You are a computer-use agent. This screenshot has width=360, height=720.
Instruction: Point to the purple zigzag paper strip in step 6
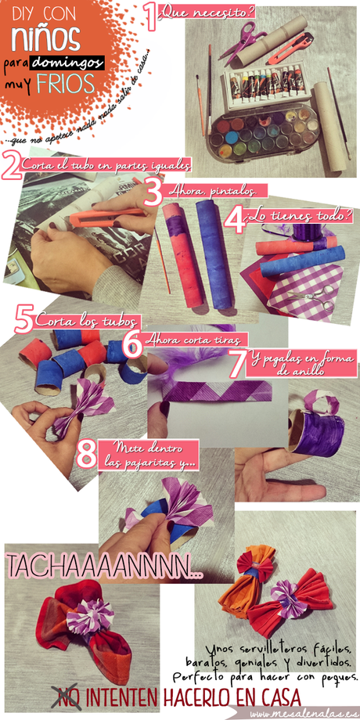(212, 390)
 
